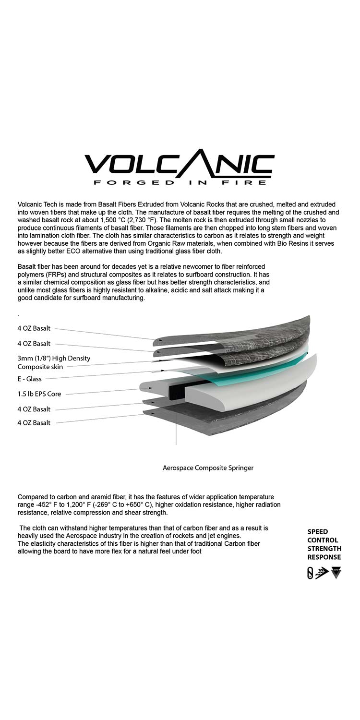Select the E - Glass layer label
pos(30,379)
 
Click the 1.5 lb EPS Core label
pos(39,394)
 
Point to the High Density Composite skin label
pos(53,362)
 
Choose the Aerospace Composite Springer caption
pos(208,467)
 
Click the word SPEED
pos(318,531)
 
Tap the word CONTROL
pos(323,540)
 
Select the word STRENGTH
pos(324,549)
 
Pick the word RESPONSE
pos(324,557)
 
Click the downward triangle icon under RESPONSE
pos(336,573)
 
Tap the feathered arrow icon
pos(322,573)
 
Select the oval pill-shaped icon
pos(310,573)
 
